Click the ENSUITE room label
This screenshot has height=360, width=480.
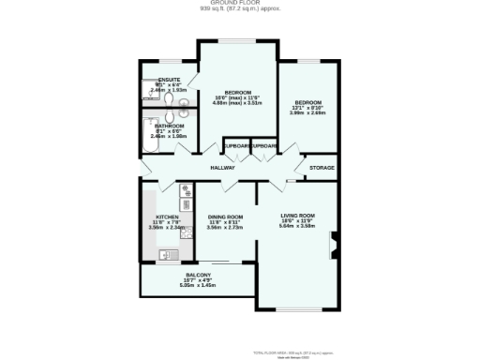pos(169,80)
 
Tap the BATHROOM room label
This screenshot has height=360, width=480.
pos(169,126)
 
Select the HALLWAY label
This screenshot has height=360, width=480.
pos(222,168)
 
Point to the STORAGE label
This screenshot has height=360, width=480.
pos(322,169)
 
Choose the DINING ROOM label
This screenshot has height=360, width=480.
pos(225,217)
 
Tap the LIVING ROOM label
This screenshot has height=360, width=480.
pos(296,216)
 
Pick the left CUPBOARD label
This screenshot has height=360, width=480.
pos(236,147)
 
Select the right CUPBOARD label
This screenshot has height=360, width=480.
pos(263,147)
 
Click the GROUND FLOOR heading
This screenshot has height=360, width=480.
pos(239,4)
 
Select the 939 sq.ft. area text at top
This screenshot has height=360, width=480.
pos(239,9)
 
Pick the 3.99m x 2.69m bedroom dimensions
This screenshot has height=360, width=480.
pos(307,112)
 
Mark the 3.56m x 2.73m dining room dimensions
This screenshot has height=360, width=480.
pos(225,227)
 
